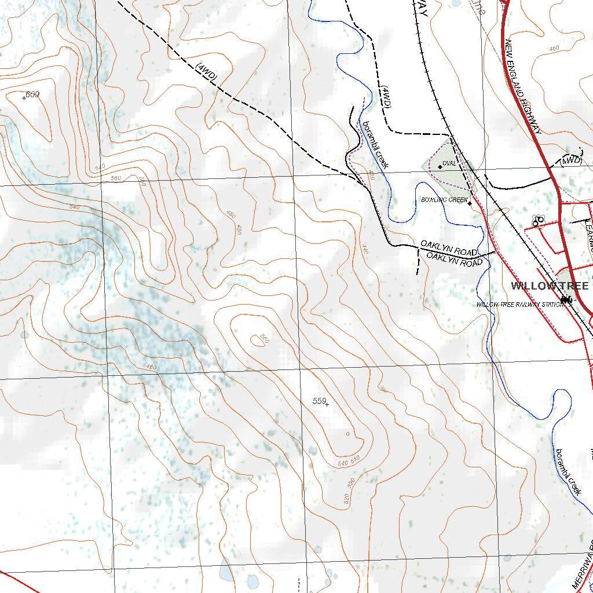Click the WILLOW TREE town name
coord(550,286)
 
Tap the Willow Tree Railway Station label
coord(519,305)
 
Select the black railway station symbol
coord(566,299)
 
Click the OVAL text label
coord(449,163)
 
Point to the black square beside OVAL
coord(440,167)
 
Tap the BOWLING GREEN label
coord(444,200)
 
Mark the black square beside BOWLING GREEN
coord(470,203)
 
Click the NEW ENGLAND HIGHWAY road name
coord(523,87)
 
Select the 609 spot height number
coord(33,94)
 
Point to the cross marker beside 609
coord(24,98)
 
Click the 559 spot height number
coord(319,401)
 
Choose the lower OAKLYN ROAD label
coord(455,259)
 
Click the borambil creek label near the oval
coord(375,144)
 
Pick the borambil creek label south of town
coord(568,471)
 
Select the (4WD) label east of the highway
coord(570,160)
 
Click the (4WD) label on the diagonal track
coord(207,73)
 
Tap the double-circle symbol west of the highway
coord(538,220)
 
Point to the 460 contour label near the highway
coord(554,48)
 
